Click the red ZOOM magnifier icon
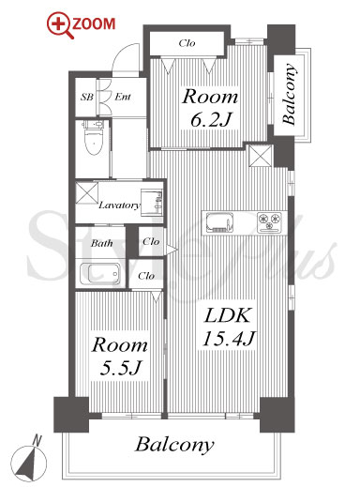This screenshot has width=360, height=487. pyautogui.click(x=60, y=24)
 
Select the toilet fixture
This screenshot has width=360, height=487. pyautogui.click(x=93, y=138)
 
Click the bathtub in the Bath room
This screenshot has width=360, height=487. pyautogui.click(x=100, y=274)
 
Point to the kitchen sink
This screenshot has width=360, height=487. pyautogui.click(x=220, y=222)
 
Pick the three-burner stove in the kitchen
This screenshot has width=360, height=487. pyautogui.click(x=269, y=222)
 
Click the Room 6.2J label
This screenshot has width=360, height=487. pyautogui.click(x=211, y=108)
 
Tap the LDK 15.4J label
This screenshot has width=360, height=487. pyautogui.click(x=229, y=327)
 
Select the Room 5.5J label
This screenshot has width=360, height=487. pyautogui.click(x=120, y=357)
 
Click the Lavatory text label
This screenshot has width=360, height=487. pyautogui.click(x=119, y=205)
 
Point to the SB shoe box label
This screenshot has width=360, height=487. pyautogui.click(x=87, y=97)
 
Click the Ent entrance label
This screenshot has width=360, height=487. pyautogui.click(x=123, y=97)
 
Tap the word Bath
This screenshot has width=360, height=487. pyautogui.click(x=102, y=243)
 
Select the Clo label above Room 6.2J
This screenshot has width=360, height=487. pyautogui.click(x=187, y=43)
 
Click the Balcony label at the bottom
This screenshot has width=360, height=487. pyautogui.click(x=174, y=445)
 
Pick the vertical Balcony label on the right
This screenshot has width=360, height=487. pyautogui.click(x=289, y=94)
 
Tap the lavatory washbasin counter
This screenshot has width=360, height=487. pyautogui.click(x=152, y=203)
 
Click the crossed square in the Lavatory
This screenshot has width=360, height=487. pyautogui.click(x=87, y=193)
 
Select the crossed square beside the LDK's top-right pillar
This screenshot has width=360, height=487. pyautogui.click(x=261, y=156)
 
